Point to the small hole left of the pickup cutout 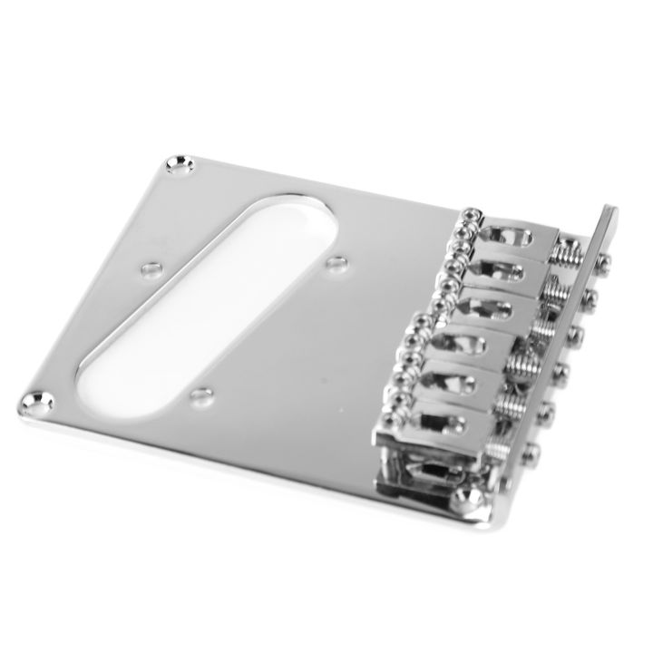tap(144, 269)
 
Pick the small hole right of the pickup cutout tap(337, 264)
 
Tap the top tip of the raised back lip tap(613, 214)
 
